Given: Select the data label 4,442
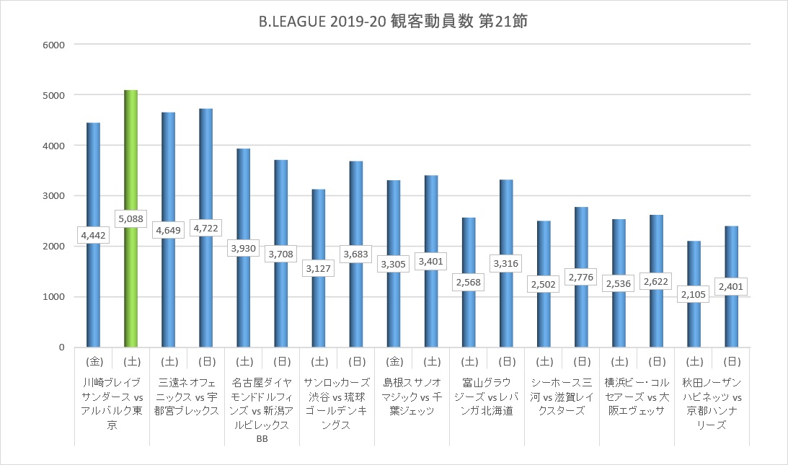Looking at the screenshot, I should (x=93, y=234).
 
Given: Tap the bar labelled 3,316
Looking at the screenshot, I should (x=505, y=216).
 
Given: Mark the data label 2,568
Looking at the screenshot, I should (x=468, y=281).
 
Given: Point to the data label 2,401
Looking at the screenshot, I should (x=730, y=286).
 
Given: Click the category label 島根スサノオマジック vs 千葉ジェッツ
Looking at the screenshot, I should (x=412, y=396).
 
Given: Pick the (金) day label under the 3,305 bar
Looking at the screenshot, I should (x=393, y=360).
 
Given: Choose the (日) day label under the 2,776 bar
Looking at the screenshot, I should (x=580, y=360).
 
